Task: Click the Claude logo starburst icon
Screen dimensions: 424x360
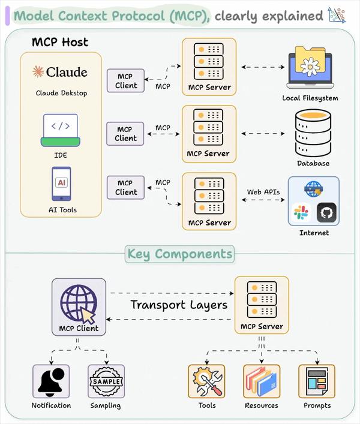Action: (38, 72)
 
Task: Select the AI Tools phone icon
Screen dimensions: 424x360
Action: (61, 184)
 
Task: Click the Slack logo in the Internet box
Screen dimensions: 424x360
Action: (300, 212)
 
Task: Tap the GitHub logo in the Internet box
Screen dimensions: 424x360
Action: (326, 212)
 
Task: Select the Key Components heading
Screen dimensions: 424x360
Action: (179, 254)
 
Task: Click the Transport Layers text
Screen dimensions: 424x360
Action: (179, 305)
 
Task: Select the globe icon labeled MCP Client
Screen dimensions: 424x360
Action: (79, 302)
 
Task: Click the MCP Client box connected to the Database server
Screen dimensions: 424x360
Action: (125, 134)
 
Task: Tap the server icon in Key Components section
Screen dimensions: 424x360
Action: (262, 298)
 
